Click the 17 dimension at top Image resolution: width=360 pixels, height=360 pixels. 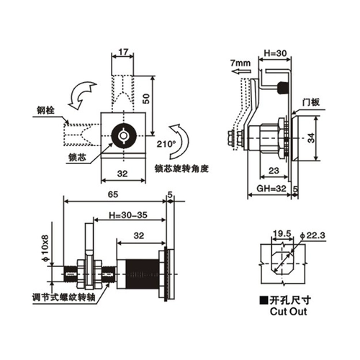(123, 52)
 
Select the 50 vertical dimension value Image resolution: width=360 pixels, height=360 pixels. (146, 99)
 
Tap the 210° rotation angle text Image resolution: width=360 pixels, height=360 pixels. (166, 144)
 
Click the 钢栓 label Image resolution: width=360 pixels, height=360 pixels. (45, 110)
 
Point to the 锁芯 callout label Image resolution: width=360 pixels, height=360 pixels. (77, 158)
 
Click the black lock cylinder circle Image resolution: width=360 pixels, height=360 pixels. (124, 135)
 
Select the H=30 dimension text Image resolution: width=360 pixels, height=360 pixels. (275, 53)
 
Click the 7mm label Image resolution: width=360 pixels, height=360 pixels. (240, 63)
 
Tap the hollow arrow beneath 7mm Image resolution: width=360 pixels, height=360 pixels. (241, 71)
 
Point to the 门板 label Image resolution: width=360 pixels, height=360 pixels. (311, 102)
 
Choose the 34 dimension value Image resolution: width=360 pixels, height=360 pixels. (311, 138)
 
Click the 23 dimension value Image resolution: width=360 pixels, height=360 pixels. (274, 171)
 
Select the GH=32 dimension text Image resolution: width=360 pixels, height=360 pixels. (271, 188)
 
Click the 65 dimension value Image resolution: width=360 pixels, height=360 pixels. (113, 194)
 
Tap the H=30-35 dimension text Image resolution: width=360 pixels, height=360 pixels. (128, 215)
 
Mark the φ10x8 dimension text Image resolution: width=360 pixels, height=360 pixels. (45, 248)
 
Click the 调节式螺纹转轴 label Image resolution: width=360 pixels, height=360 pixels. (64, 298)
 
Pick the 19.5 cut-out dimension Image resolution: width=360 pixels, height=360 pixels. (282, 233)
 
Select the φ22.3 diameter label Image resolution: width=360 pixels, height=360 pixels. (312, 235)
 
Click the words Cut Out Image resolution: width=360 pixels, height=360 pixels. (288, 311)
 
